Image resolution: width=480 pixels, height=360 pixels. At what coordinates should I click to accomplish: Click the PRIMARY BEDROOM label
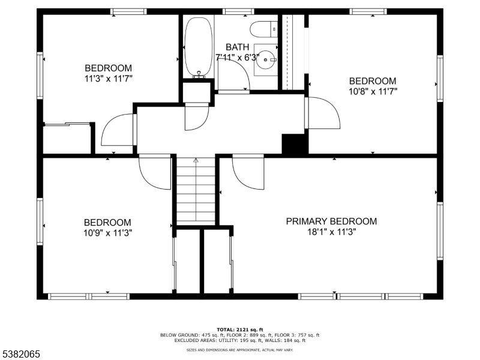tap(331, 221)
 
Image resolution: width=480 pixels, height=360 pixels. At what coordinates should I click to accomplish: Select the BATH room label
tap(237, 47)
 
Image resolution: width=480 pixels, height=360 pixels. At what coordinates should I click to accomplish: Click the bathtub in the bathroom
tap(196, 48)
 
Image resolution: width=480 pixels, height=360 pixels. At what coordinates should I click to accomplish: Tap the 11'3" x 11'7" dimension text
tap(108, 79)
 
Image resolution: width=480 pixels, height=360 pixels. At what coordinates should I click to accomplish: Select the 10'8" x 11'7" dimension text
tap(373, 92)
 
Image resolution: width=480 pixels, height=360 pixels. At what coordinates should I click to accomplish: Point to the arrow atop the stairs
tap(196, 160)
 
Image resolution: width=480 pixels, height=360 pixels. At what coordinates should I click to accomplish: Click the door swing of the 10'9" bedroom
tap(154, 173)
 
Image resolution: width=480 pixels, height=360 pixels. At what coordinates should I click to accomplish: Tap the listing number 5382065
tap(21, 355)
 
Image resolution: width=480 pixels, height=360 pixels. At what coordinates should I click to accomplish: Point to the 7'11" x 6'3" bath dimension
tap(237, 58)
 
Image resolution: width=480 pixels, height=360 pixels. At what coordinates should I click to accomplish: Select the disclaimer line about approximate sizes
tap(239, 349)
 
